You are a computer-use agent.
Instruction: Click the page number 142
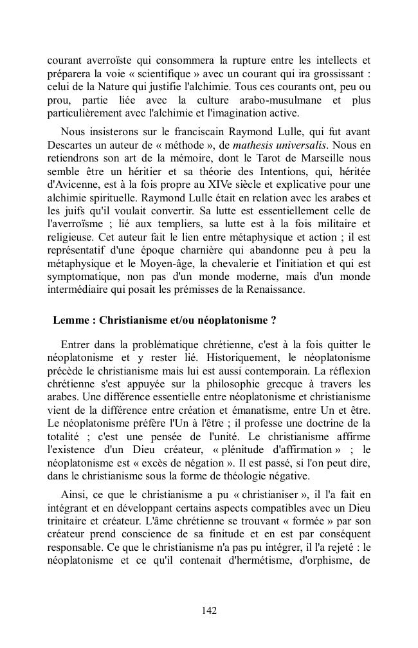[x=209, y=611]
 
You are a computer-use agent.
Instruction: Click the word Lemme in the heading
[x=70, y=320]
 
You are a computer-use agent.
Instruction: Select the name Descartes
[x=70, y=145]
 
